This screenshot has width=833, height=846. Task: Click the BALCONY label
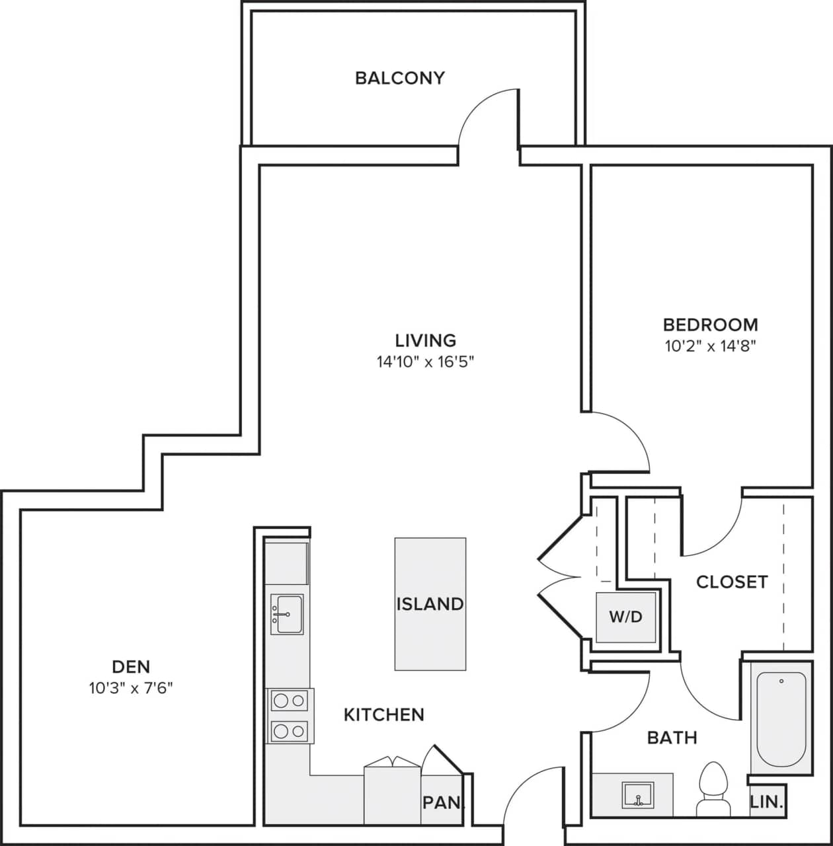click(x=399, y=78)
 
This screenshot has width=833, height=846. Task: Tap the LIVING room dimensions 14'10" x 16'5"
click(x=426, y=362)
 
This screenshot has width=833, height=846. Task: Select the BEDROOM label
click(x=710, y=325)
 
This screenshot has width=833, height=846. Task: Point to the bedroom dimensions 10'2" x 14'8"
click(x=710, y=346)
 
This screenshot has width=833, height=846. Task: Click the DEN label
click(x=131, y=666)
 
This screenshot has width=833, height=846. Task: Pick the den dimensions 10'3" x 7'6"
click(x=131, y=688)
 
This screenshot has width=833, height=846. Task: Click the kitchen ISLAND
click(x=430, y=603)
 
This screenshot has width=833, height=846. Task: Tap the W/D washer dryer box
click(x=625, y=617)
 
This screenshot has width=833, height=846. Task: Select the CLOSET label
click(x=732, y=582)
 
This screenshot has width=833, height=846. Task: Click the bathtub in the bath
click(x=781, y=718)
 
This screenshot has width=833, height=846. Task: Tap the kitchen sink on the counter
click(x=287, y=614)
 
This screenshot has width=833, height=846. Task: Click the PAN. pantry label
click(x=442, y=802)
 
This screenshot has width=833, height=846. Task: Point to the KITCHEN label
click(x=383, y=714)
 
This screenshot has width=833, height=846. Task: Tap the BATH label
click(x=672, y=737)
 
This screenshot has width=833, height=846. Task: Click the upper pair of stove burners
click(x=290, y=700)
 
